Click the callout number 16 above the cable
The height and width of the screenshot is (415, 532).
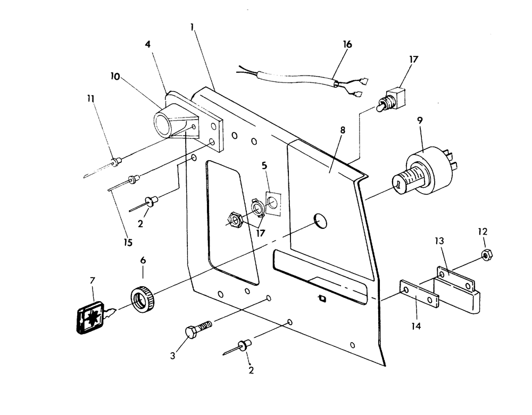347,44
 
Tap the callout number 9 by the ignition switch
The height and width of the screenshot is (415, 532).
420,121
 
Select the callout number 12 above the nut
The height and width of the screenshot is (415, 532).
482,232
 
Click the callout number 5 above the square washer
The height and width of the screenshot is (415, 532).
265,165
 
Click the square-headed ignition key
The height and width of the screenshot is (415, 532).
87,318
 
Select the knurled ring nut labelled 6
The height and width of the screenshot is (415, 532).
143,298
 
